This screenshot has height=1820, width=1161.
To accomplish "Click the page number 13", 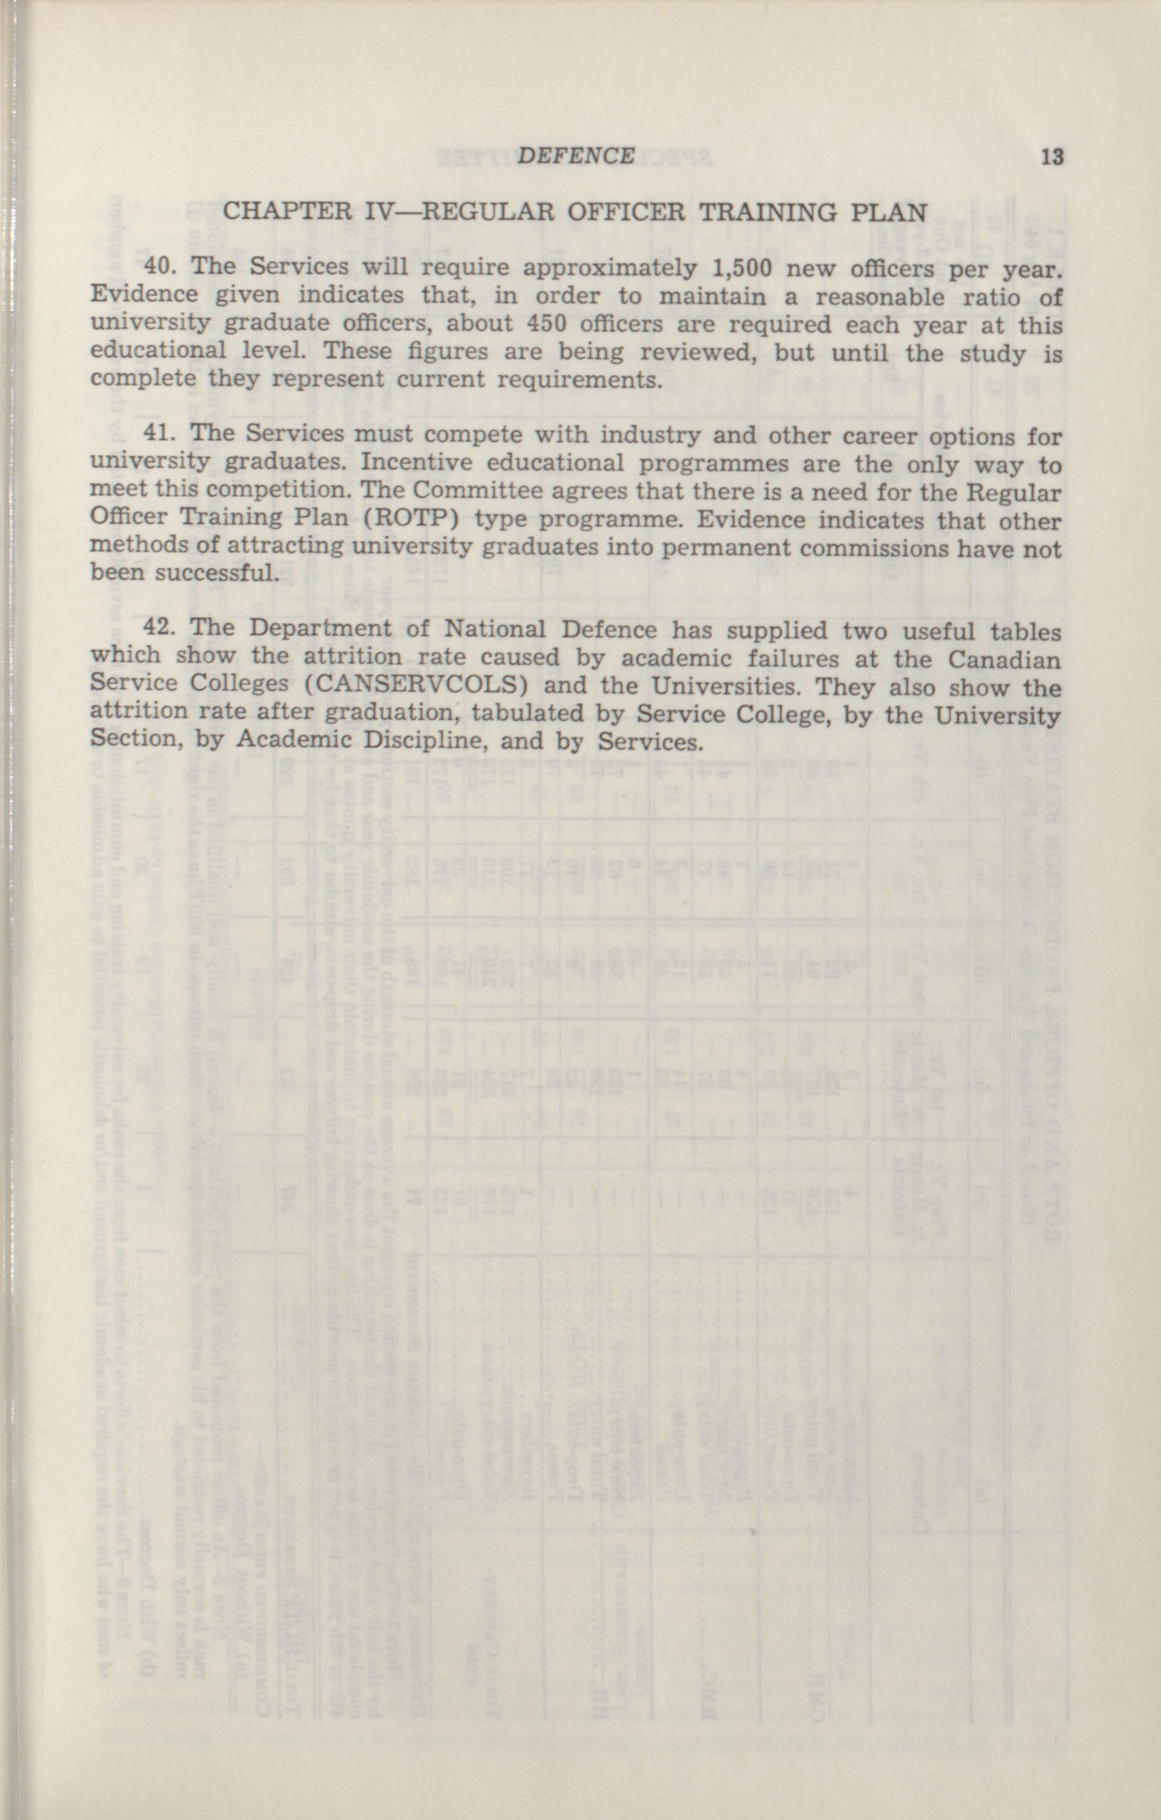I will coord(1052,157).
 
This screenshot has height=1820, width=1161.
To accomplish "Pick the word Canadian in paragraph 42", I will coord(1005,658).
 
